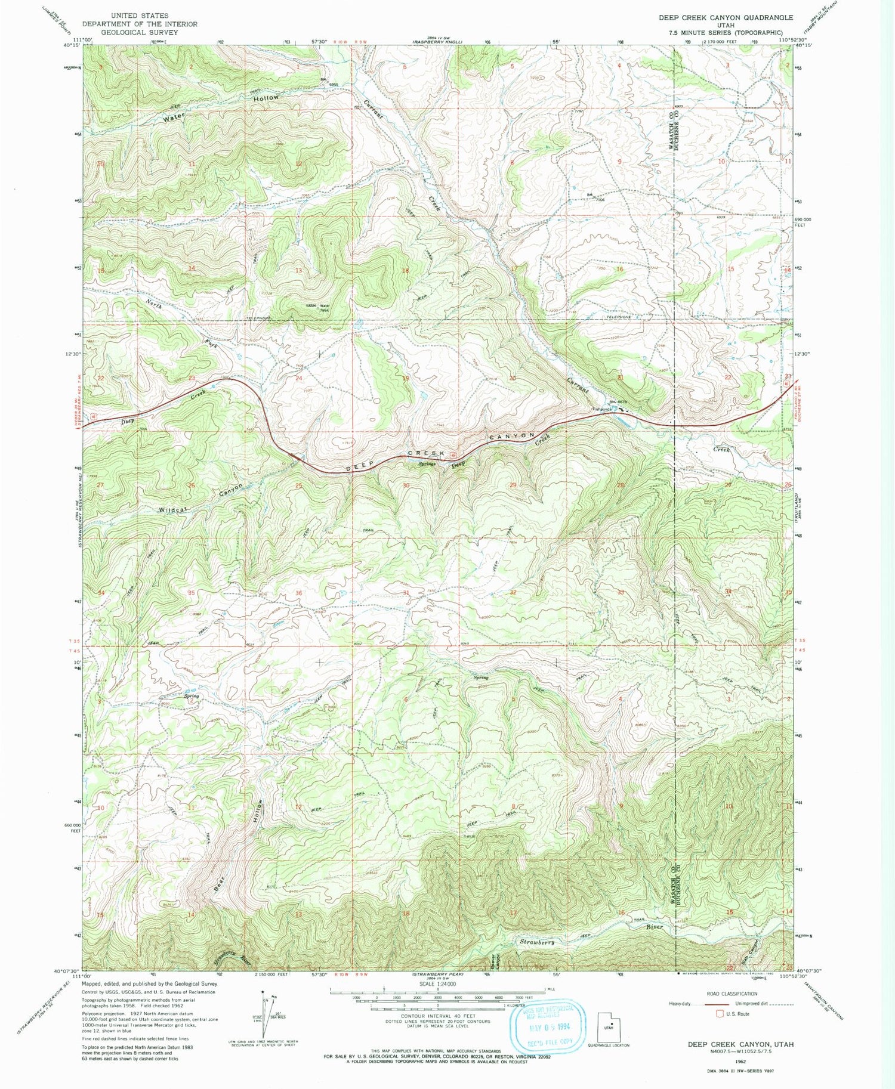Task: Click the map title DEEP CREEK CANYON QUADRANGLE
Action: coord(726,18)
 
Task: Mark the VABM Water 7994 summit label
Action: coord(318,308)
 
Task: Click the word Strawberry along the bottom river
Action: coord(537,942)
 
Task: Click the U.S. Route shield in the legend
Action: coord(721,1014)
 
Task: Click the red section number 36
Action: coord(298,593)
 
